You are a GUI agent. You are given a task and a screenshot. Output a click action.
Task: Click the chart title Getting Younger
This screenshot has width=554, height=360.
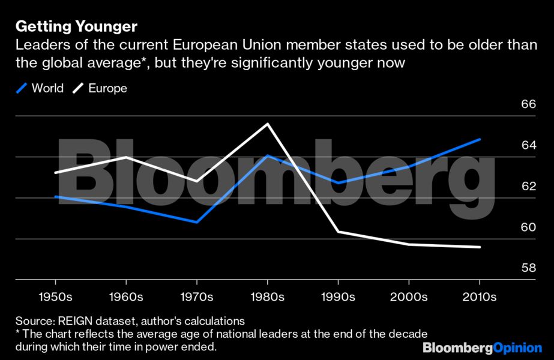tap(76, 26)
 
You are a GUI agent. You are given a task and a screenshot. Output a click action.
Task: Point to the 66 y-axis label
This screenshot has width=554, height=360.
tap(528, 105)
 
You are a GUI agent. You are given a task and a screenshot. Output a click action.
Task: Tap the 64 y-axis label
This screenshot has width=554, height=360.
tap(528, 146)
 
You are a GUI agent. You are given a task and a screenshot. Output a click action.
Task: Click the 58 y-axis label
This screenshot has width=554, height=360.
tap(528, 268)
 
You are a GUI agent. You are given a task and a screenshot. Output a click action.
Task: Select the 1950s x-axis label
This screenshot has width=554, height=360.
tap(56, 297)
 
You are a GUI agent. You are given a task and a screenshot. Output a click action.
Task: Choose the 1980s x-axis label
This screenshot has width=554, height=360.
tap(268, 297)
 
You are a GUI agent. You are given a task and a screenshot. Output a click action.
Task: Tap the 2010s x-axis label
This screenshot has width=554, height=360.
tap(480, 297)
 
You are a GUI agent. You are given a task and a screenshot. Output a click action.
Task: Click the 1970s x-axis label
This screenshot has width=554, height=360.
tap(197, 297)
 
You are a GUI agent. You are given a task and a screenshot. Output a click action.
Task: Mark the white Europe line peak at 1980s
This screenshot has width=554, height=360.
tap(268, 124)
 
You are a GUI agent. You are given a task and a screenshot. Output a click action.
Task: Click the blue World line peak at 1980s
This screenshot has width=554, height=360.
tap(268, 156)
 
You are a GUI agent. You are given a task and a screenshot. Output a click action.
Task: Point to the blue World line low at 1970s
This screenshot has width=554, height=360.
tap(197, 222)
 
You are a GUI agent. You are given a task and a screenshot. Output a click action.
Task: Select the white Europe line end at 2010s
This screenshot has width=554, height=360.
tap(480, 247)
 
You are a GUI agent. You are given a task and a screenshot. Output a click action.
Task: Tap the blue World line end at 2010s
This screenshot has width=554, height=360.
tap(480, 139)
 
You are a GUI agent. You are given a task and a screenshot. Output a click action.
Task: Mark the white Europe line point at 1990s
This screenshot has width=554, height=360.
tap(339, 232)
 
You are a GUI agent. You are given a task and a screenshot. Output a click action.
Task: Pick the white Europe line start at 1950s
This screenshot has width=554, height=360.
tap(56, 172)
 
